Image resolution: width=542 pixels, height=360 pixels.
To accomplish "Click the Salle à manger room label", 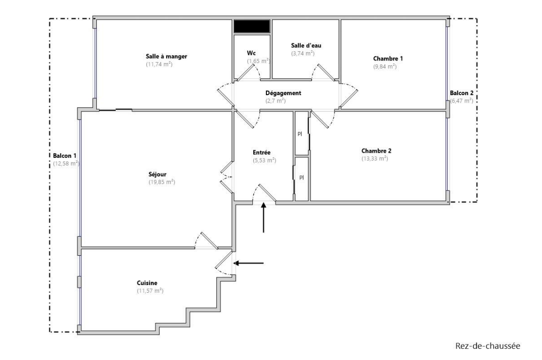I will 166,56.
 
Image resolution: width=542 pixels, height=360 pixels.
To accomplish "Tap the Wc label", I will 251,53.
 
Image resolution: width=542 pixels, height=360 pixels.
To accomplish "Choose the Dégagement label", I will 283,93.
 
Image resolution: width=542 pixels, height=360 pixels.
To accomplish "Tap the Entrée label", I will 261,152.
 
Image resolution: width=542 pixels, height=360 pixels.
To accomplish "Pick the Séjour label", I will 157,174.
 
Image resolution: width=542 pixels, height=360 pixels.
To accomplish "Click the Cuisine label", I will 147,283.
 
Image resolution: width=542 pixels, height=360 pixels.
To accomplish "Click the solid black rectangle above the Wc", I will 252,27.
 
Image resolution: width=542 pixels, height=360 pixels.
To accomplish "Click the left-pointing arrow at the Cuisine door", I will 249,263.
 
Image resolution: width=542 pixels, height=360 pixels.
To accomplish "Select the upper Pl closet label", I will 300,134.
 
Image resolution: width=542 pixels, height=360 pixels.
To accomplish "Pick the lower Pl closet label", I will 301,177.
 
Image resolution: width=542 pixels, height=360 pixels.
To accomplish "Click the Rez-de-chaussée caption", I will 488,346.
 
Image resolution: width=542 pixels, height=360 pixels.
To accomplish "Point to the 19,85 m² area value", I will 162,182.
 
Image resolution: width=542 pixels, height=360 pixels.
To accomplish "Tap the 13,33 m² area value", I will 375,159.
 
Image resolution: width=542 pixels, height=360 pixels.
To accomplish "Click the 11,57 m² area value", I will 150,291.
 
